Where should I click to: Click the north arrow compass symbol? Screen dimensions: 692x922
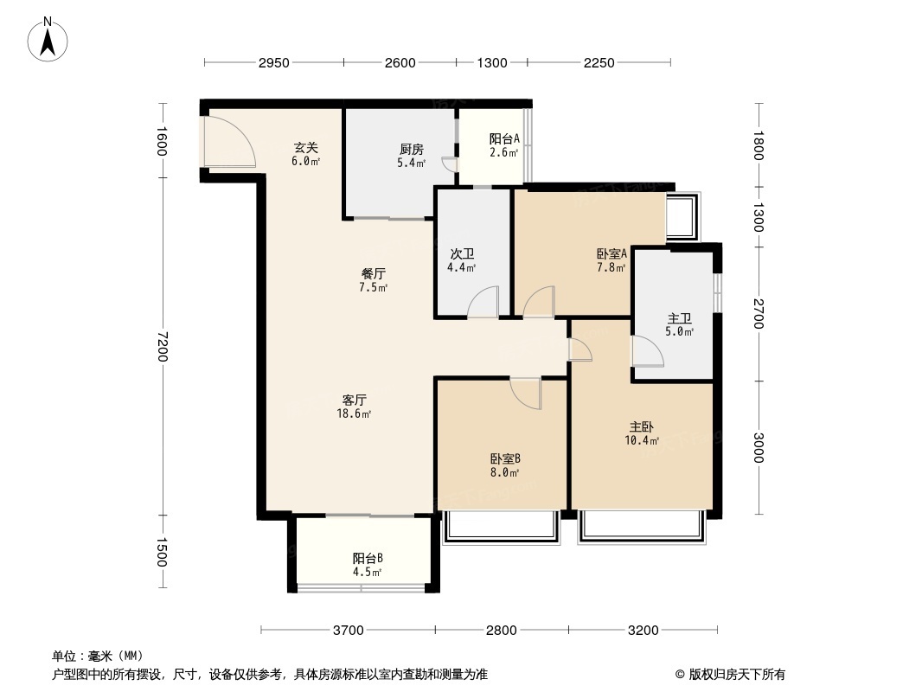(x=49, y=39)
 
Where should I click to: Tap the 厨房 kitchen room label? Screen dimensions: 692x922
(x=411, y=148)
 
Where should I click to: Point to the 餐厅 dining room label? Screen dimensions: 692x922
(x=374, y=273)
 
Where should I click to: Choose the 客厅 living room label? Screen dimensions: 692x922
(x=355, y=400)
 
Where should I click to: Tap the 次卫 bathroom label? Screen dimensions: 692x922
(x=462, y=254)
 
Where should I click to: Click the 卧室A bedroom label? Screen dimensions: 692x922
(x=611, y=253)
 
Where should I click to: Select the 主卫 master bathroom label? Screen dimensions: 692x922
(x=679, y=317)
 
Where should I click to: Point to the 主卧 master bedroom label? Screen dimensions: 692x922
(x=641, y=427)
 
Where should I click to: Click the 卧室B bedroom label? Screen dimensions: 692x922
(x=504, y=459)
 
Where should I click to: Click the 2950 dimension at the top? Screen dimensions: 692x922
(x=273, y=62)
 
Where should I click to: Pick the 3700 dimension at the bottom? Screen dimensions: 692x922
(x=348, y=630)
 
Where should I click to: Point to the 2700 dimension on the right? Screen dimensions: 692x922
(x=759, y=313)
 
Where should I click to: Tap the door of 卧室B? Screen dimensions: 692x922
(x=526, y=393)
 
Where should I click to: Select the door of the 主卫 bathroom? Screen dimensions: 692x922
(x=647, y=352)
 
